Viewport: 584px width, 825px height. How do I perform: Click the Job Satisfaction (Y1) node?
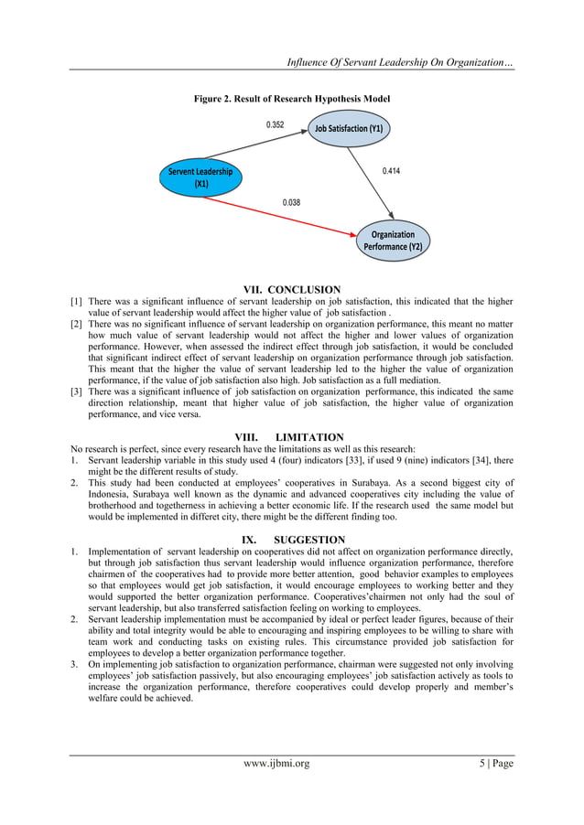coord(348,130)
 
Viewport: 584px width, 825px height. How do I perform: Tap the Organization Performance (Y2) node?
coord(393,240)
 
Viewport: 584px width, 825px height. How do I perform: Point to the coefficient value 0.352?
coord(275,124)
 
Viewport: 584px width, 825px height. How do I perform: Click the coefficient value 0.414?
coord(391,170)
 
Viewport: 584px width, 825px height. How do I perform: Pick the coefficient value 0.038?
coord(291,202)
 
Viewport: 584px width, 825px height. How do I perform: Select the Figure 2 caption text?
coord(291,98)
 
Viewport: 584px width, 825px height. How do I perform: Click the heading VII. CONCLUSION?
coord(291,290)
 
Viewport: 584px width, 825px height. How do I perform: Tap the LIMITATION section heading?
coord(291,437)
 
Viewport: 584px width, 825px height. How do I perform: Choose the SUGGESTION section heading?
coord(293,540)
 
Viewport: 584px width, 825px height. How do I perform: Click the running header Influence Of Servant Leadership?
coord(401,62)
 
